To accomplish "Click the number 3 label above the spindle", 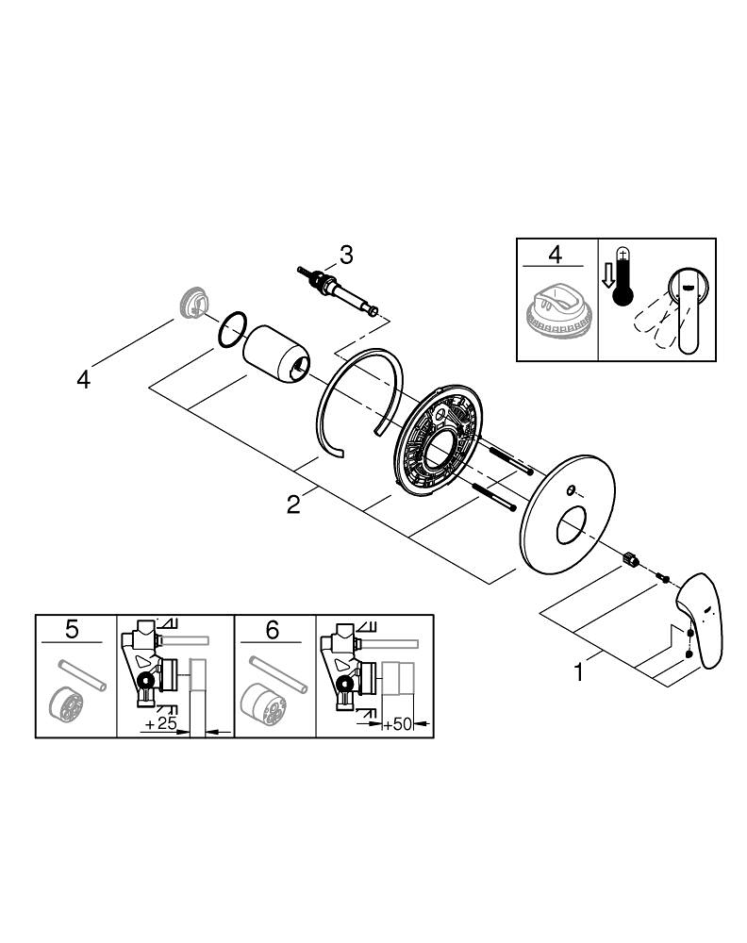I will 346,254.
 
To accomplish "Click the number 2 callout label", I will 293,505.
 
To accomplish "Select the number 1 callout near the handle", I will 580,674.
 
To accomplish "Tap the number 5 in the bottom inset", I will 73,629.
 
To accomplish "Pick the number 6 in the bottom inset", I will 273,629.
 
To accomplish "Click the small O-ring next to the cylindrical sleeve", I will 233,329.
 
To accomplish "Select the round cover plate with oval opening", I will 567,514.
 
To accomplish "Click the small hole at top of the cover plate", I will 572,488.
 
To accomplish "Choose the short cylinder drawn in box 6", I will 264,703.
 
